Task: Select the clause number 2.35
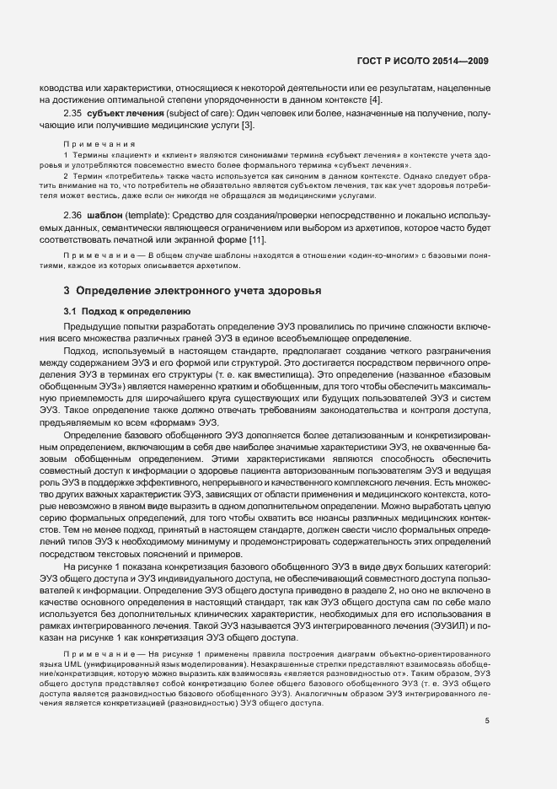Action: click(72, 113)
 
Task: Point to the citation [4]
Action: click(375, 100)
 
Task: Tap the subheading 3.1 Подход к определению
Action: click(118, 311)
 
